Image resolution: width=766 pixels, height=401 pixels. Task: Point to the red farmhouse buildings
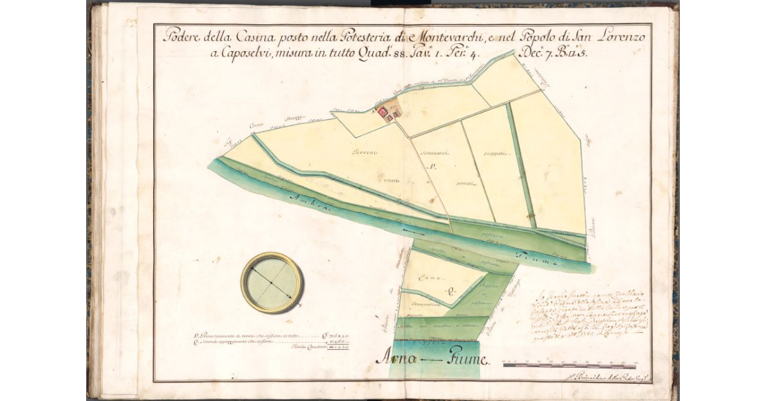tap(387, 114)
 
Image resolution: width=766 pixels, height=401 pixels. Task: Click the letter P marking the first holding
tap(432, 168)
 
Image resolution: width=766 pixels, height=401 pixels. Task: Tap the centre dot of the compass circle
tap(271, 282)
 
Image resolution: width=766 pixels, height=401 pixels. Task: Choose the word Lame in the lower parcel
tap(429, 278)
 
